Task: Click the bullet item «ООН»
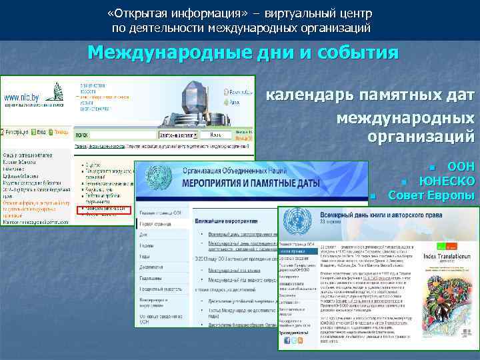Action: click(x=461, y=167)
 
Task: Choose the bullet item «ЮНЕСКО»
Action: click(x=447, y=181)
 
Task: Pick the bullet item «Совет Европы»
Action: click(x=431, y=195)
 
